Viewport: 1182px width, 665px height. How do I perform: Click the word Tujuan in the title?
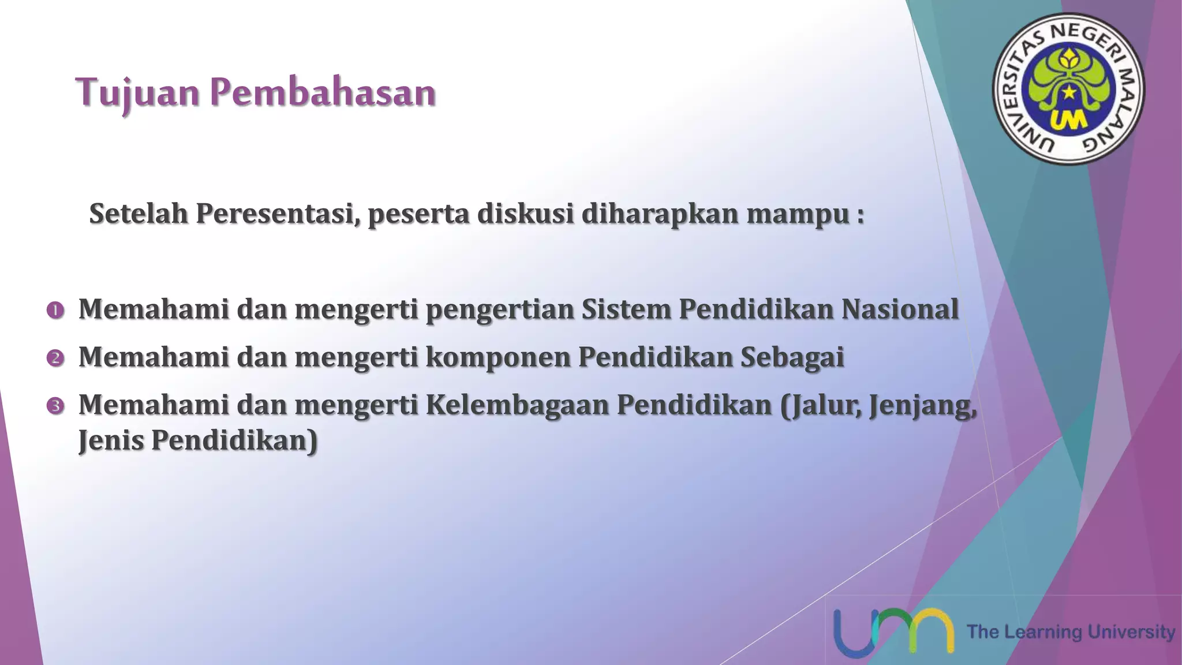tap(137, 93)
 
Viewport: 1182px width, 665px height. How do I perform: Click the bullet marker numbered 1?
tap(55, 311)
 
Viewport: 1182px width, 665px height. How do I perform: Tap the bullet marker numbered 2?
tap(55, 358)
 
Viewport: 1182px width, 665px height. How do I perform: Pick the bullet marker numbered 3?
tap(55, 406)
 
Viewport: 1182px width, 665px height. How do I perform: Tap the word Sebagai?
tap(792, 357)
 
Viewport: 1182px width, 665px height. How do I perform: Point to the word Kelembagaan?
tap(517, 404)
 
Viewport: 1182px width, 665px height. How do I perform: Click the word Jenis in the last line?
tap(111, 440)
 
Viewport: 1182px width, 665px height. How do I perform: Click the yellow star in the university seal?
tap(1069, 92)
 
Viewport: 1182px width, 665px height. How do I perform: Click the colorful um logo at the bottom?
tap(893, 632)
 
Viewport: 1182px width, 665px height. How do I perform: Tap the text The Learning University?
tap(1071, 632)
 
